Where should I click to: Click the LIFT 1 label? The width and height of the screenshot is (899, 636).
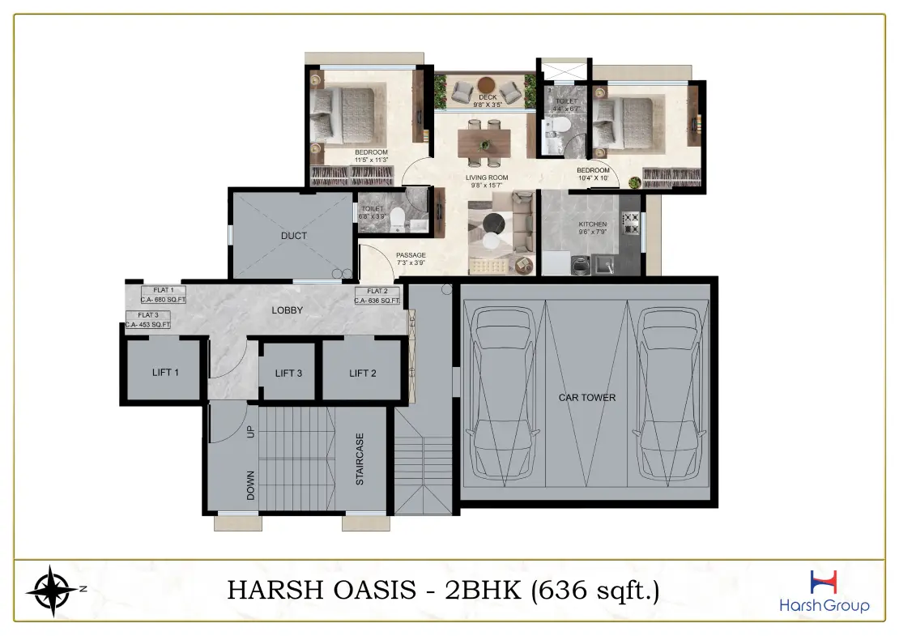coord(164,373)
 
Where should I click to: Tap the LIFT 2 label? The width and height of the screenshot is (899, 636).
coord(363,373)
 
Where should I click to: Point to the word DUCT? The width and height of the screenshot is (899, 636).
coord(294,236)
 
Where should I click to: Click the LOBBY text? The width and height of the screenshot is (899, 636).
coord(287,309)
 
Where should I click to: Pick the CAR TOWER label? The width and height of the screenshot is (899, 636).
coord(586,398)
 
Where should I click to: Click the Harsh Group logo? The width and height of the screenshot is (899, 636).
coord(823,591)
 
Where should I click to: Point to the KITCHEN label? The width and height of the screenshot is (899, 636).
coord(592,224)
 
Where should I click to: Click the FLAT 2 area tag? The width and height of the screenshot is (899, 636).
coord(377,296)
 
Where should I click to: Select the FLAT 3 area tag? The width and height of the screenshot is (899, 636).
coord(148,319)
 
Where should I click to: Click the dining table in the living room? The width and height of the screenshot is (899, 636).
coord(484,143)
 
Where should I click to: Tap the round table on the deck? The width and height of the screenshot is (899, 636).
coord(488,84)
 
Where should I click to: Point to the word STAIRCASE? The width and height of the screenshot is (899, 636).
coord(360,459)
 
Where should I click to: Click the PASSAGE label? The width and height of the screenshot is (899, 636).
coord(411,258)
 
